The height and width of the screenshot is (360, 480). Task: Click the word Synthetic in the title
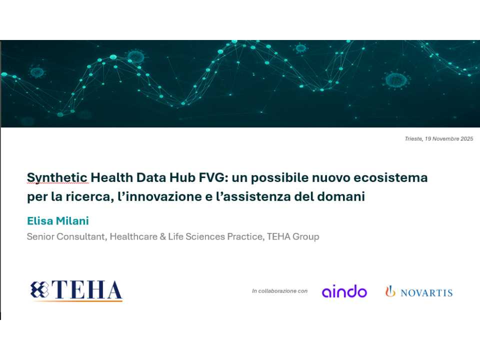coord(57,177)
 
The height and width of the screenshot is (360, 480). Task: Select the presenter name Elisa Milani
coord(58,220)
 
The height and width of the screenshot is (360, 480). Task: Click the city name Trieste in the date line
coord(413,138)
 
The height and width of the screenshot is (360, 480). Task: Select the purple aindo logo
coord(344,291)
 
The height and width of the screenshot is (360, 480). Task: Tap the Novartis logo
coord(419,291)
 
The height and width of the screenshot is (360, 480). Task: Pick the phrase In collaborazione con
coord(279,291)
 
